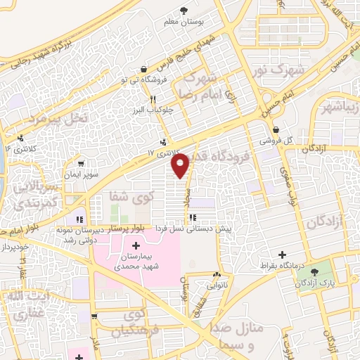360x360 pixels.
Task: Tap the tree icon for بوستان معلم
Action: coord(184,11)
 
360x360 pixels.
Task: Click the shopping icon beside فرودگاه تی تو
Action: coord(144,70)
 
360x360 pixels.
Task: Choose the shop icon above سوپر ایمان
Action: coord(82,162)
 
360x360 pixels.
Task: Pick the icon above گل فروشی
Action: coord(278,130)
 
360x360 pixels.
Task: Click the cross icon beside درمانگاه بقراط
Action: coord(283,254)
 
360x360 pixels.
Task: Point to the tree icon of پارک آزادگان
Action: coord(315,271)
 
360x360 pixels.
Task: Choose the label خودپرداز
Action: coord(15,249)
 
